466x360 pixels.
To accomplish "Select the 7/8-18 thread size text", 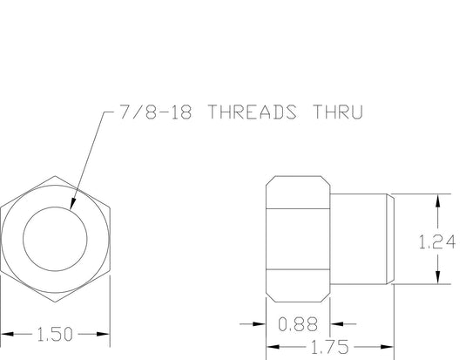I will click(150, 112).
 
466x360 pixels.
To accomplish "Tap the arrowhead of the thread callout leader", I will click(71, 207).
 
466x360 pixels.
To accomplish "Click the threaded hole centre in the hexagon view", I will click(56, 238).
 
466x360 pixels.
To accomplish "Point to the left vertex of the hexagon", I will click(2, 238).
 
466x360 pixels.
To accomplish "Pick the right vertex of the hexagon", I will click(111, 238).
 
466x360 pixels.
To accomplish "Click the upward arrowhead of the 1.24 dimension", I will click(437, 197).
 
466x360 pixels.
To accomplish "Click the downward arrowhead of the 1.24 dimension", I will click(437, 280).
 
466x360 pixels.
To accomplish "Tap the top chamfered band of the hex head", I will click(297, 194).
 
